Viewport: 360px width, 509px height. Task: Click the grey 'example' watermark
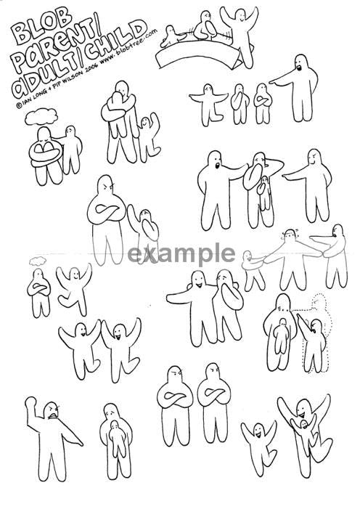pyautogui.click(x=181, y=254)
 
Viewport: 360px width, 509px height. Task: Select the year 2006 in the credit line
pyautogui.click(x=91, y=68)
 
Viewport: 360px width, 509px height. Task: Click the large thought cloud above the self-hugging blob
pyautogui.click(x=41, y=116)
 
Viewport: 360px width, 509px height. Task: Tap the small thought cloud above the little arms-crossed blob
pyautogui.click(x=38, y=261)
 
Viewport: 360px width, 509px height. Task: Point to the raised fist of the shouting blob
pyautogui.click(x=31, y=402)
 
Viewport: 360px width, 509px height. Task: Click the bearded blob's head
pyautogui.click(x=301, y=64)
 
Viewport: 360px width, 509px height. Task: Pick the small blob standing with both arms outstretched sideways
pyautogui.click(x=208, y=105)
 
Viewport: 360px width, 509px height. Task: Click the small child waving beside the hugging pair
pyautogui.click(x=149, y=137)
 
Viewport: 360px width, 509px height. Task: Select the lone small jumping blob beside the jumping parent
pyautogui.click(x=259, y=447)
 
